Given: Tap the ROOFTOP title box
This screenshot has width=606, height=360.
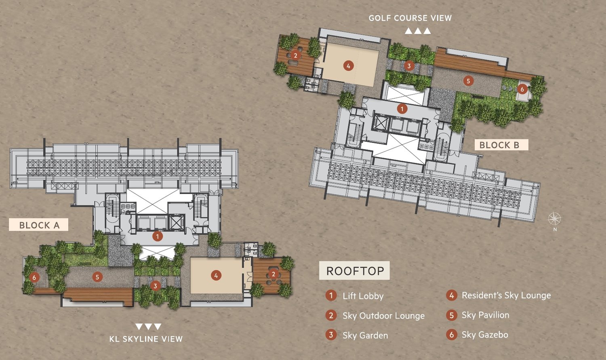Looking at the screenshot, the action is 354,270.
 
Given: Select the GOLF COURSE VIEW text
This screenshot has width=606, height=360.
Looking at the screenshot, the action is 410,18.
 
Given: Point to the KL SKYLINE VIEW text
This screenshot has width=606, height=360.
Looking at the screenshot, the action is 146,339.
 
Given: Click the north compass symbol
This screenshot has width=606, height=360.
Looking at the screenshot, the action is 555,219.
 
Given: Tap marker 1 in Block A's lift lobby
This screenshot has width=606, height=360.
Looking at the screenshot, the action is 158,236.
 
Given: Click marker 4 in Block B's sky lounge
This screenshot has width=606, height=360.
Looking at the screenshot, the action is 348,66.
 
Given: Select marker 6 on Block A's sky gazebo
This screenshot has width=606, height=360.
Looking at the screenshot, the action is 34,277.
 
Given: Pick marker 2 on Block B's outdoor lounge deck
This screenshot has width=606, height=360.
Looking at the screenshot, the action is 295,56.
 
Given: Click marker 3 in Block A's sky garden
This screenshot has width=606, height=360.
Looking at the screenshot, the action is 155,286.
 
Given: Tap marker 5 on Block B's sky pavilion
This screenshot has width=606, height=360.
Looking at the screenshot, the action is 468,81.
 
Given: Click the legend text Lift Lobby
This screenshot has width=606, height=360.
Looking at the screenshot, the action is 363,296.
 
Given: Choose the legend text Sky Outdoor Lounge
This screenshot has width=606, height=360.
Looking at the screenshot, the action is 384,316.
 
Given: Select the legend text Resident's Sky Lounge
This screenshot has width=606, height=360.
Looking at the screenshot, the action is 506,295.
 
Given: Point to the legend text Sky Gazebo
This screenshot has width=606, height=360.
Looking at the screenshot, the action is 485,335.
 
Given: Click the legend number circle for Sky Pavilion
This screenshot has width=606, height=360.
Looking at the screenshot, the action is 452,315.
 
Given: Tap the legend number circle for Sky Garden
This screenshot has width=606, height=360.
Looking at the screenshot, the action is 331,335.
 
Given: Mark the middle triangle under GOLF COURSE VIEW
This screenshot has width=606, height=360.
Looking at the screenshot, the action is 418,31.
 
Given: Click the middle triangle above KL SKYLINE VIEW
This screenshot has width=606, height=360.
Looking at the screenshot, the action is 148,326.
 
